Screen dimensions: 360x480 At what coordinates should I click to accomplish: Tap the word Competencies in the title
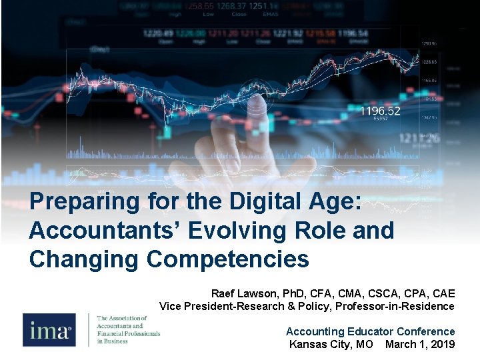227,259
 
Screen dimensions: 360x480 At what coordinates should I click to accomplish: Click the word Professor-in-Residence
395,306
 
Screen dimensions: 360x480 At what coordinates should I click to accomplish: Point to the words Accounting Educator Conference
370,331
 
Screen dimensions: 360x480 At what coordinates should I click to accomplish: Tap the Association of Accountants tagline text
129,329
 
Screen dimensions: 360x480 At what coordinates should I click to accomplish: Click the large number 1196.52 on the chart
381,111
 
